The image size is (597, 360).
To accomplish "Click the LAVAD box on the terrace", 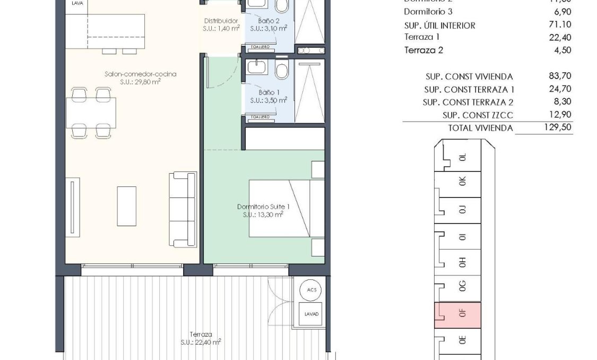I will [x=312, y=314].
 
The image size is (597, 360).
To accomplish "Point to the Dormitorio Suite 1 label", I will [x=263, y=211].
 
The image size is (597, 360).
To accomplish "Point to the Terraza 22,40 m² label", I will [x=201, y=338].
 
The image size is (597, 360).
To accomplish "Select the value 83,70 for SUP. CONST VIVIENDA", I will [x=559, y=76].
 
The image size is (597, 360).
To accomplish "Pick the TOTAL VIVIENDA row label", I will [x=480, y=128].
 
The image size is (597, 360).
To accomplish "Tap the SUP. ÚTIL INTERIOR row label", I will [x=439, y=25].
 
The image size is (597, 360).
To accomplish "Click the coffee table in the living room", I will [x=126, y=205].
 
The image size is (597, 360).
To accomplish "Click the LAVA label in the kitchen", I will [x=77, y=3].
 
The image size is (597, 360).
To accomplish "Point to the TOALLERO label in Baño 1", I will [x=261, y=117].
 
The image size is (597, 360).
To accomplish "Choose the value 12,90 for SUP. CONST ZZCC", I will [x=559, y=115].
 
